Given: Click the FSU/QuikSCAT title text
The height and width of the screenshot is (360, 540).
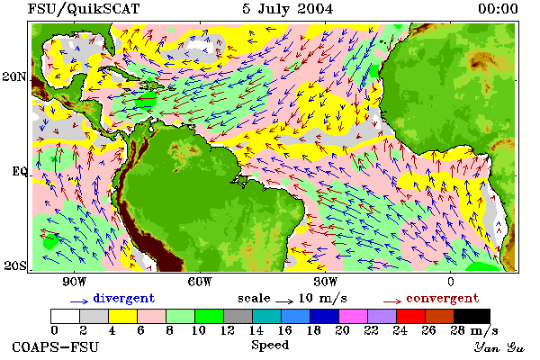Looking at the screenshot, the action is click(84, 9).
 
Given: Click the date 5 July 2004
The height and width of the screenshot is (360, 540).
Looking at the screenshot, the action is click(288, 9).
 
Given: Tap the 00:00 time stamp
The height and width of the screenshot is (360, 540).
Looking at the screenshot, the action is click(498, 9).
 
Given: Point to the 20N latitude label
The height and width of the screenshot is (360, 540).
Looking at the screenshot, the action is click(14, 76).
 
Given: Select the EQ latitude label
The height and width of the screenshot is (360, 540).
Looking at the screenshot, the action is click(19, 171).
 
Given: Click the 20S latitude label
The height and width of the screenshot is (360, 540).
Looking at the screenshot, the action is click(15, 265).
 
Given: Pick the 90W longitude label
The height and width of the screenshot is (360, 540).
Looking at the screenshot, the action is click(74, 282).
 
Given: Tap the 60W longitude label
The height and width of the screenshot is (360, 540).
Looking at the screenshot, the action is click(200, 282).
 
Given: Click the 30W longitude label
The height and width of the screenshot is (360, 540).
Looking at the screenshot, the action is click(326, 282).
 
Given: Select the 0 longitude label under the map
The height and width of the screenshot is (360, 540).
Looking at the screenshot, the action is click(451, 282).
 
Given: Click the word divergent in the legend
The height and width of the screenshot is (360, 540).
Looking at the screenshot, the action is click(124, 298).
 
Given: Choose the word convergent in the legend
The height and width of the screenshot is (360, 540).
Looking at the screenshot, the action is click(443, 298).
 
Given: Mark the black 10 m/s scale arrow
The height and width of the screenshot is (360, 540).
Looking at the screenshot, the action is click(284, 301).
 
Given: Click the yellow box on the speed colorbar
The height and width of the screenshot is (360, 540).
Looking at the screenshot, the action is click(123, 316).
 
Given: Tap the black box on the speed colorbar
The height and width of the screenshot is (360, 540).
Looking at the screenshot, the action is click(472, 316).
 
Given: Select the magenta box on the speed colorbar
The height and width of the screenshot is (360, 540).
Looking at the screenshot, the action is click(354, 316).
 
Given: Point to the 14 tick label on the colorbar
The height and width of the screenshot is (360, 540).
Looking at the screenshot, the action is click(256, 330).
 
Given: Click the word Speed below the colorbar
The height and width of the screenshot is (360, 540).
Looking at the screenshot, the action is click(270, 346).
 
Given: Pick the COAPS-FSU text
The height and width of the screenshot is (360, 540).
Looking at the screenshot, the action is click(56, 346).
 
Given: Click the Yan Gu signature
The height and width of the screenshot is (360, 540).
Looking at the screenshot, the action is click(499, 347).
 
